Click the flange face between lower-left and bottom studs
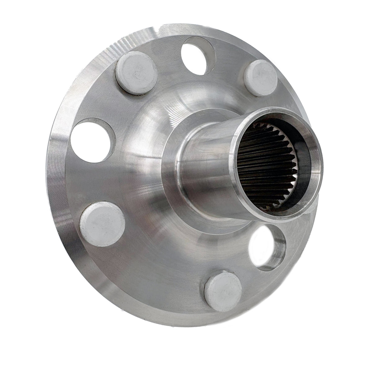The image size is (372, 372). coord(155,263)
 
